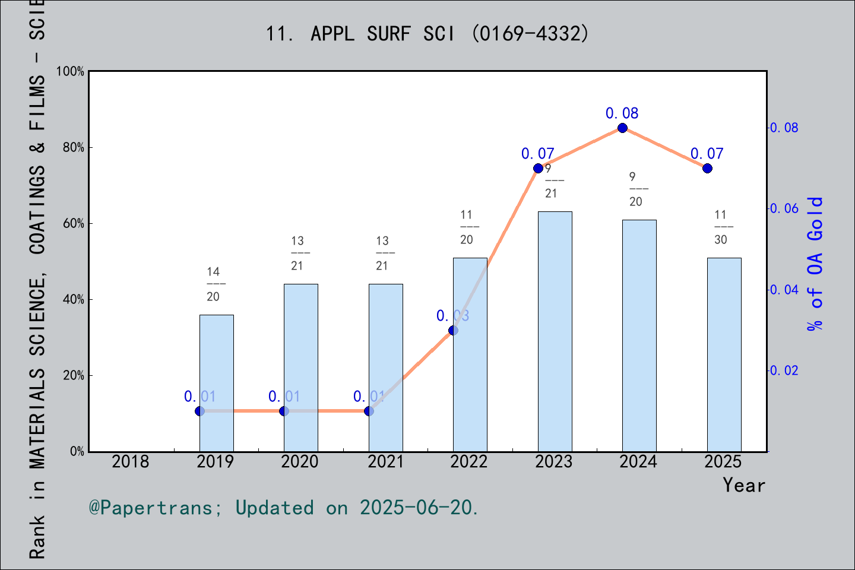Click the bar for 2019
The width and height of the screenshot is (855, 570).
tap(216, 383)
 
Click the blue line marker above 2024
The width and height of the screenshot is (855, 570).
tap(622, 128)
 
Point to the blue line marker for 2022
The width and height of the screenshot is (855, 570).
tap(453, 330)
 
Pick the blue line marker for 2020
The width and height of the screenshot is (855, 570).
tap(284, 411)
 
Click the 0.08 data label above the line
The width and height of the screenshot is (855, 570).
tap(622, 113)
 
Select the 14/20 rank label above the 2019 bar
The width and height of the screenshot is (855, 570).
tap(213, 284)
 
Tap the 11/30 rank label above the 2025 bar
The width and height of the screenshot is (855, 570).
tap(721, 227)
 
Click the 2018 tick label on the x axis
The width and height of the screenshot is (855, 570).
tap(131, 462)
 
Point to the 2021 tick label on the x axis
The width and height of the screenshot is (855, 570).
tap(385, 462)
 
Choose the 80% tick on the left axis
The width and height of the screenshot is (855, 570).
tap(74, 148)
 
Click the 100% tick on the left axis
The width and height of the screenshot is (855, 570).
tap(71, 72)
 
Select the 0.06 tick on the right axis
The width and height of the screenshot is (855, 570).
tap(784, 209)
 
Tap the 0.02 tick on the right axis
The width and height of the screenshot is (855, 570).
tap(784, 371)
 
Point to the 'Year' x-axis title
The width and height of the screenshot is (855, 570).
tap(743, 486)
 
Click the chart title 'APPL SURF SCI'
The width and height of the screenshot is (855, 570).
tap(382, 34)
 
